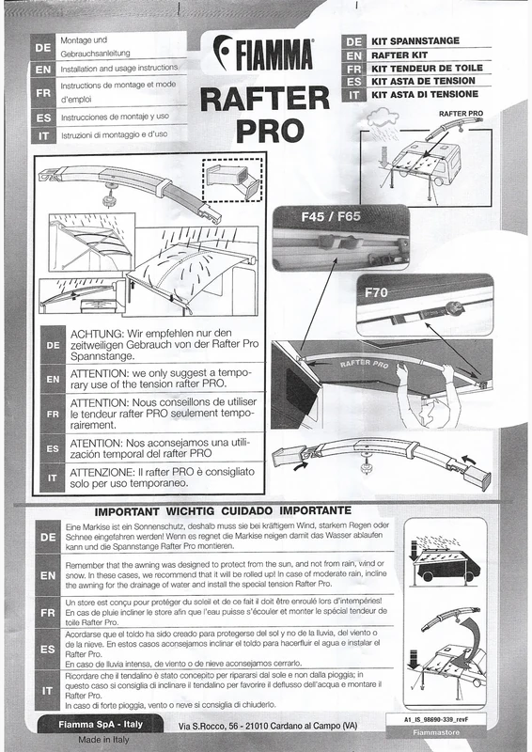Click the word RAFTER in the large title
coord(263,96)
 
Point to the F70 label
coord(376,292)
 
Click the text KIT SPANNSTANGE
coord(416,42)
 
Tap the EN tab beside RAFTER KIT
coord(353,55)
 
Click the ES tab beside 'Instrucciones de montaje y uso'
coord(42,117)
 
